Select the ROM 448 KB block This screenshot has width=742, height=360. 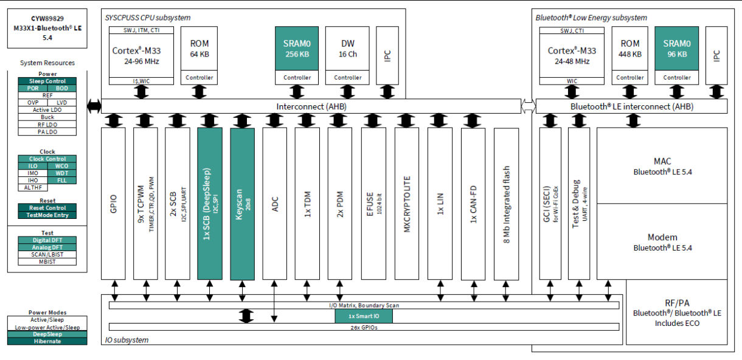click(629, 49)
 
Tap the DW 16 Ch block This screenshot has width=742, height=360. click(348, 49)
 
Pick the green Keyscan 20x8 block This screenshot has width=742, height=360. click(242, 203)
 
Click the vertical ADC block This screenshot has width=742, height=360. click(275, 203)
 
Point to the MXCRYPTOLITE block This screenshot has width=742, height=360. click(406, 203)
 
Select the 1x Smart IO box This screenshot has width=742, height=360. click(363, 316)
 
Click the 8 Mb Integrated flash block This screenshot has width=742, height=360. click(506, 203)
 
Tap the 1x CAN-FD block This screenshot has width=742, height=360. click(473, 203)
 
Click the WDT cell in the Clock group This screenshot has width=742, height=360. click(62, 173)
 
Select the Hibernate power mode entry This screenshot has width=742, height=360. click(47, 341)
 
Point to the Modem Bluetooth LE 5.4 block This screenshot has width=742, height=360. click(662, 242)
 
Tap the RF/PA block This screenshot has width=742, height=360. click(676, 313)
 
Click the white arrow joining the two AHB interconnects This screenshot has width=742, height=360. click(528, 106)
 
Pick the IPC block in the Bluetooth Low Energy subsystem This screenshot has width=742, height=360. click(716, 55)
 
